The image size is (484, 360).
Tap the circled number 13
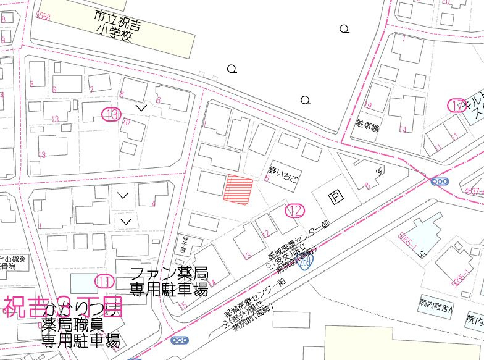click(x=111, y=114)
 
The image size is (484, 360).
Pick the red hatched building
click(x=238, y=190)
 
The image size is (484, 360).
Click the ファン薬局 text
click(x=169, y=274)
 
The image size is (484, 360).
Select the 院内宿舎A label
click(x=434, y=307)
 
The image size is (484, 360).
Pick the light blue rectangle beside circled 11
click(x=83, y=283)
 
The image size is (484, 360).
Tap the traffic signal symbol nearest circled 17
click(x=440, y=182)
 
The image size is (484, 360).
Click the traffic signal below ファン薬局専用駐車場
click(x=181, y=340)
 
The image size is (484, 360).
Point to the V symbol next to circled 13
click(x=142, y=108)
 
